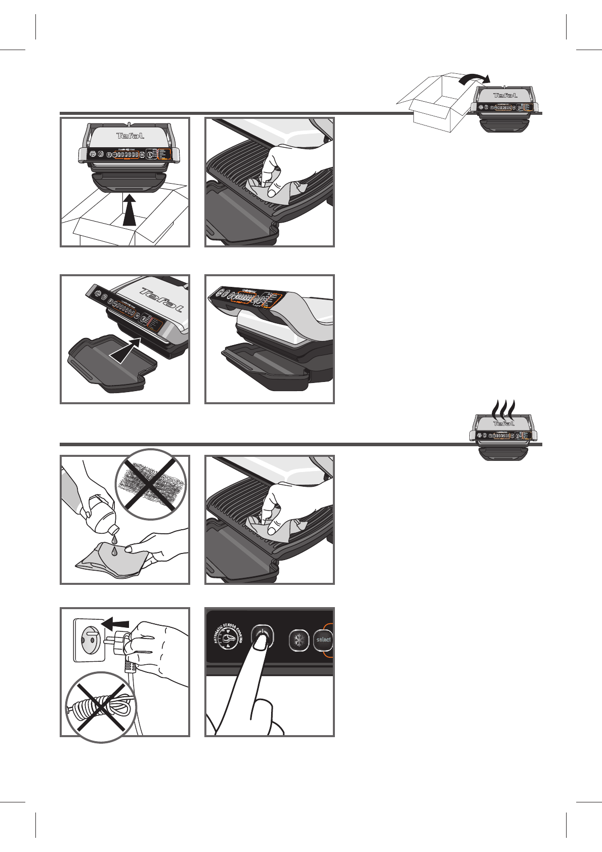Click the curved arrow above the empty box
tap(474, 78)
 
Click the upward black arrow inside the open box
tap(130, 210)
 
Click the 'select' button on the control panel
tap(323, 640)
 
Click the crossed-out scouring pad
tap(151, 484)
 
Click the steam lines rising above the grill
tap(504, 407)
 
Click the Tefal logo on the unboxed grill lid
tap(131, 136)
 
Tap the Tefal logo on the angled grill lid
tap(162, 301)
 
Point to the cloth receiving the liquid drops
tap(114, 561)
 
